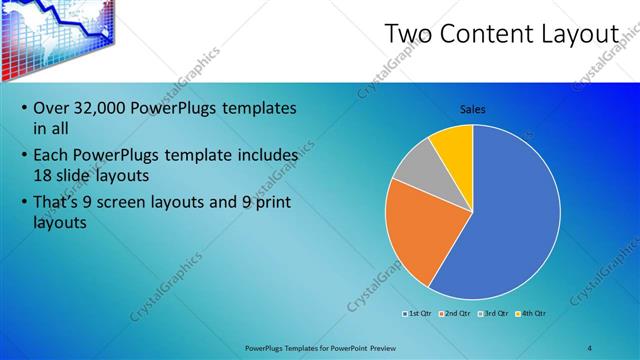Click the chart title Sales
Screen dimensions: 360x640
473,109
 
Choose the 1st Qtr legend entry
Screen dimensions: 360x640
418,313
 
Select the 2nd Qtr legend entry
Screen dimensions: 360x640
455,313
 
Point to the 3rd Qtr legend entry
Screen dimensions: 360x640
493,313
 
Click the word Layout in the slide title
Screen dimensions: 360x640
584,34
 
